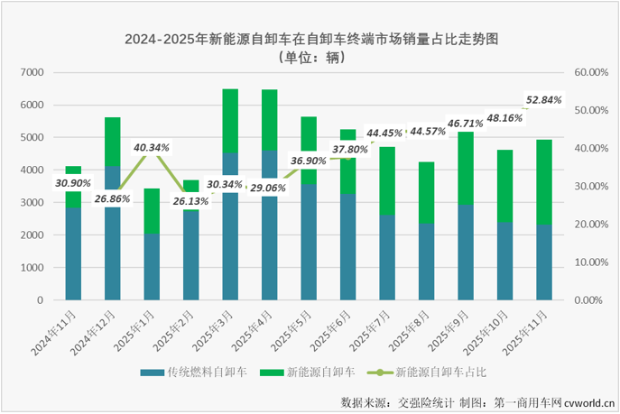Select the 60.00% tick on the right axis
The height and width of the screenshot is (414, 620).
coord(592,72)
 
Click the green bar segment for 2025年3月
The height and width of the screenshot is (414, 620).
coord(230,121)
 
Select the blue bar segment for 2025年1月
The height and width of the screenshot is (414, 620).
coord(152,267)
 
